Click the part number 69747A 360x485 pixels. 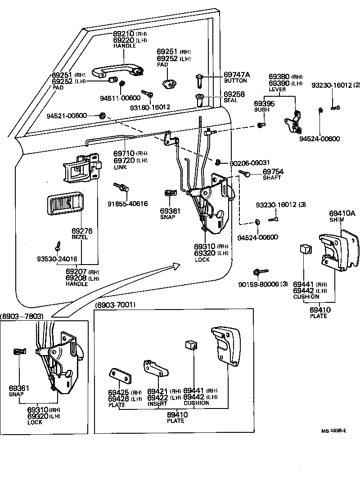[x=237, y=75]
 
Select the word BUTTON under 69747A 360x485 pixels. [x=235, y=81]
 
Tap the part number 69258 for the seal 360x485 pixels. [x=234, y=94]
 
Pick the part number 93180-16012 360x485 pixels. [x=150, y=107]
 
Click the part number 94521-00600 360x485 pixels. [x=66, y=116]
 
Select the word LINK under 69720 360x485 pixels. [x=120, y=167]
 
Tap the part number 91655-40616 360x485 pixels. [x=127, y=204]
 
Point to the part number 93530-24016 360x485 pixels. [x=57, y=259]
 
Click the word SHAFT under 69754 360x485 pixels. [x=272, y=178]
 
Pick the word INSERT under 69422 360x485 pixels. [x=157, y=404]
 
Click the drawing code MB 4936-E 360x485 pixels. [x=333, y=431]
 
